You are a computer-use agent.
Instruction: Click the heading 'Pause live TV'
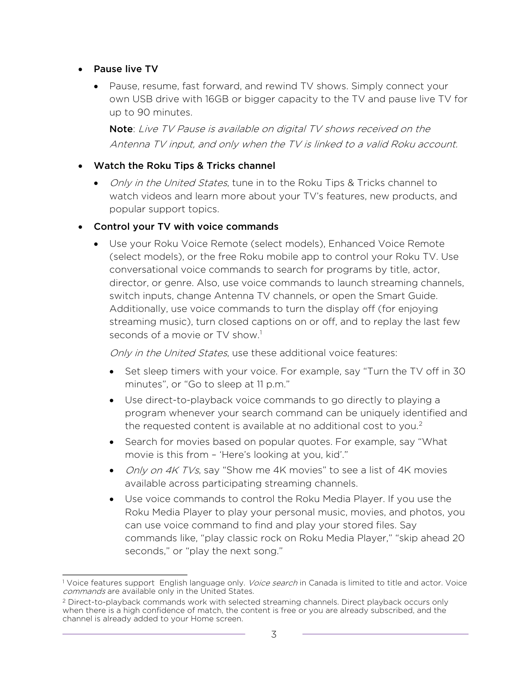[x=126, y=69]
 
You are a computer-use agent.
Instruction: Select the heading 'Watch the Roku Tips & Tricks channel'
[x=184, y=166]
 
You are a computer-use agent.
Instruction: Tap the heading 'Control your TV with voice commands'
[x=186, y=226]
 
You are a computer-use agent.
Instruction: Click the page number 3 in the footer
[x=274, y=635]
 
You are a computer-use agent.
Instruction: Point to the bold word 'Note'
[x=121, y=129]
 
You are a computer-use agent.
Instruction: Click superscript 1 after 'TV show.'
[x=261, y=332]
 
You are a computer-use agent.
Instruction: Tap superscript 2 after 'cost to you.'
[x=421, y=424]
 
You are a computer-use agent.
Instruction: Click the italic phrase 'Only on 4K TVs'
[x=162, y=470]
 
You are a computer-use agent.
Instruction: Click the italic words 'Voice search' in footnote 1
[x=273, y=583]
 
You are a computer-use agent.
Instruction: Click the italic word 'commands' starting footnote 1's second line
[x=84, y=591]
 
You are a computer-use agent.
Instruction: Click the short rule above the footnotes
[x=125, y=574]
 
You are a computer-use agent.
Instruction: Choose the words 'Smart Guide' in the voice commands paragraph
[x=407, y=296]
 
